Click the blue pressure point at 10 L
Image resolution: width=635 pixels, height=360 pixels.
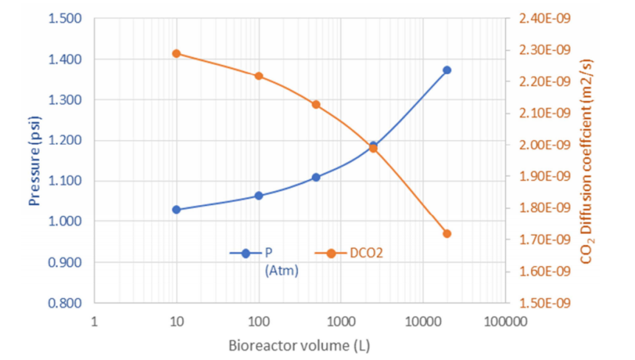(x=176, y=210)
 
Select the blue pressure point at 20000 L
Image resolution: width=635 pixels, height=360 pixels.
(x=447, y=70)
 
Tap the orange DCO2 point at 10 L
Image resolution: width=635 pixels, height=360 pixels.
(x=176, y=53)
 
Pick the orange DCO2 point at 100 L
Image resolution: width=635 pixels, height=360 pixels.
(x=259, y=76)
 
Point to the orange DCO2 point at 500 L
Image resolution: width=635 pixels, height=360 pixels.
(x=316, y=104)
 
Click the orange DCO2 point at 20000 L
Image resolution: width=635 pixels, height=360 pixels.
(x=447, y=234)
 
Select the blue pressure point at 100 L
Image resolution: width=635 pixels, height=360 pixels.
(x=259, y=195)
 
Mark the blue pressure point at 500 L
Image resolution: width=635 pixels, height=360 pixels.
(x=316, y=177)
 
